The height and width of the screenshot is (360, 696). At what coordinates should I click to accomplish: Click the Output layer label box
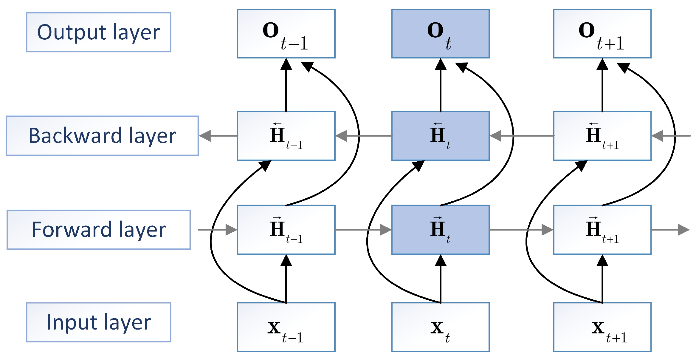(x=98, y=32)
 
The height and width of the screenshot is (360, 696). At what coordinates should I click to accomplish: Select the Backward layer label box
(x=102, y=136)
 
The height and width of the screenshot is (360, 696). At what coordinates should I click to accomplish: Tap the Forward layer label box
(x=98, y=230)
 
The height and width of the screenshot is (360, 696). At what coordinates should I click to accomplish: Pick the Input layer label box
(x=98, y=322)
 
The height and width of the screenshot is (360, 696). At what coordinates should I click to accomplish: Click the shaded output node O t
(x=440, y=33)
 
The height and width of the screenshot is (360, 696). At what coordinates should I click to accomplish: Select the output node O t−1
(x=286, y=33)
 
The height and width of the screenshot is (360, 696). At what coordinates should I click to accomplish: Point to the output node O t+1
(x=602, y=33)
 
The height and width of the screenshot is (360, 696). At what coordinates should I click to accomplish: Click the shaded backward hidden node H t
(x=440, y=136)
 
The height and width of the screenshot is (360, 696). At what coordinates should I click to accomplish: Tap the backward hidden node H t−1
(x=286, y=136)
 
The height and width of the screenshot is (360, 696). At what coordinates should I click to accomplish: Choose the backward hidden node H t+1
(x=602, y=136)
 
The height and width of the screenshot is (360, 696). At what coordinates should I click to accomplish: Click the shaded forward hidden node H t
(x=440, y=230)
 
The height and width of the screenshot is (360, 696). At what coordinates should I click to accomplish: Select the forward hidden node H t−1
(x=286, y=230)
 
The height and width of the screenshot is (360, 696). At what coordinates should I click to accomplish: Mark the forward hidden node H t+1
(x=602, y=230)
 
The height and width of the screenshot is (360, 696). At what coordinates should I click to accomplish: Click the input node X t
(x=440, y=327)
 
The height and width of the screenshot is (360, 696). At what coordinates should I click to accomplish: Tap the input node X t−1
(x=286, y=327)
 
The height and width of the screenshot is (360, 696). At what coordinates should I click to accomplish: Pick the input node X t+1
(x=602, y=327)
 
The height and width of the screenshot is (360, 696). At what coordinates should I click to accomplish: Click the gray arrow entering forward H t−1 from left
(x=218, y=230)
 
